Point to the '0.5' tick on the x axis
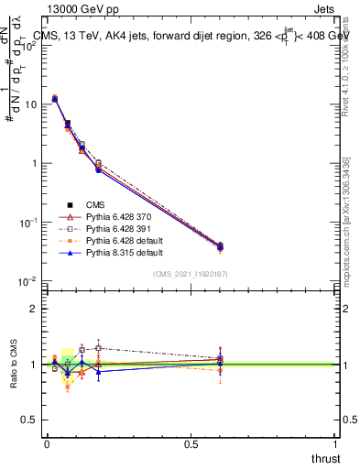tap(191, 444)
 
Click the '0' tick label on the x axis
tap(47, 444)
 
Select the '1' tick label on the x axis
tap(335, 444)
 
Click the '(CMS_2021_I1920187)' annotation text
tap(191, 273)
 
